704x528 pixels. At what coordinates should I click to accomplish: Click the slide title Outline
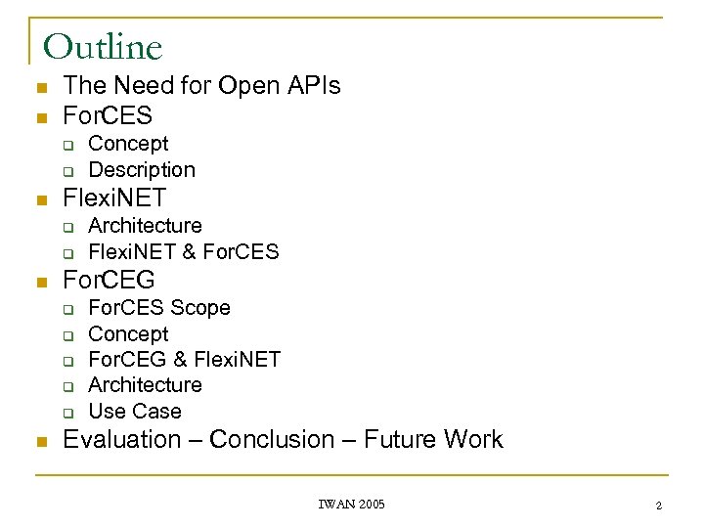103,46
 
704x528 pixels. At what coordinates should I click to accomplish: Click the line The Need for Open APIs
201,86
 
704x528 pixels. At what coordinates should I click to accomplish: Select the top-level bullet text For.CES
108,115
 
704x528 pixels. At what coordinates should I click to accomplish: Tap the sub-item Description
142,170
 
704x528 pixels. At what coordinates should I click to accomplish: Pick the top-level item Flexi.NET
114,199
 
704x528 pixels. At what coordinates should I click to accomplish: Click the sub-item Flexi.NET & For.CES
184,252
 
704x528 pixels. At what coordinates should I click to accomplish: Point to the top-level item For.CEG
109,281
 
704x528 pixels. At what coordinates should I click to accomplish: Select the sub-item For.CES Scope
159,308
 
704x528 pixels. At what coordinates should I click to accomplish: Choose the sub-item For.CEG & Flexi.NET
185,360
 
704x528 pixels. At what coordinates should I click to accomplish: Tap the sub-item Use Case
135,412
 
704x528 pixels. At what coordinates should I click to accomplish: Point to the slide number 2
658,506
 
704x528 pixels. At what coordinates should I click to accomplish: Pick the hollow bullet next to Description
69,171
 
